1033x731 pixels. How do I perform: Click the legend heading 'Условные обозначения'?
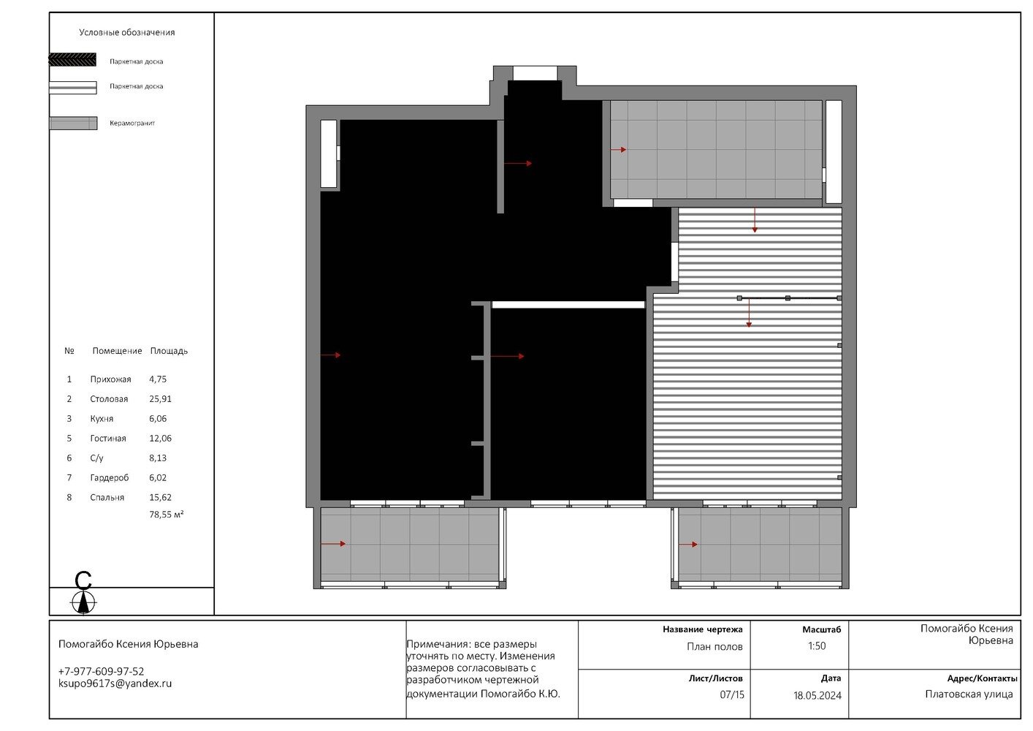pos(127,33)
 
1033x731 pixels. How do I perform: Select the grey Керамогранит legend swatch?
pos(73,124)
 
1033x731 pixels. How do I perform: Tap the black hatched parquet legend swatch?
pos(72,60)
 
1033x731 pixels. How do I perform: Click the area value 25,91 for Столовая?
pos(160,399)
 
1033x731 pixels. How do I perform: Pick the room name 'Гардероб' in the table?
pos(110,478)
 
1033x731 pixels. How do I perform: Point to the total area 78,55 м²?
pos(167,515)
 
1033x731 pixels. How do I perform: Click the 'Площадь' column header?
pos(169,351)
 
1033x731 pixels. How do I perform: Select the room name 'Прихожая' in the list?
pos(111,380)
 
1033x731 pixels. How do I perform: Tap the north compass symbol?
pos(83,594)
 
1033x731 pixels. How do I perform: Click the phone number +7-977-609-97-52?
pos(101,672)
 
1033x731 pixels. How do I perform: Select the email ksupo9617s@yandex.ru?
pos(115,684)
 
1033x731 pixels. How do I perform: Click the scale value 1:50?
pos(817,646)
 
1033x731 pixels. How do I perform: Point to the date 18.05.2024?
pos(817,696)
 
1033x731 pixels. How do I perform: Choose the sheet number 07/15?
pos(732,695)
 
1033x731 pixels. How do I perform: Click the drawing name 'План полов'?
pos(714,647)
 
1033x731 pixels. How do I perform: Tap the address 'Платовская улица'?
pos(969,694)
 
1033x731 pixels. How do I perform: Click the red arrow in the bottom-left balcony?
pos(333,544)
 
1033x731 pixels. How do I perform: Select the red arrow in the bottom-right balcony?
pos(688,545)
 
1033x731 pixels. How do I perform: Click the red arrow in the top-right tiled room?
pos(619,150)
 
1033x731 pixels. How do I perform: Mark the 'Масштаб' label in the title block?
pos(822,630)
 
